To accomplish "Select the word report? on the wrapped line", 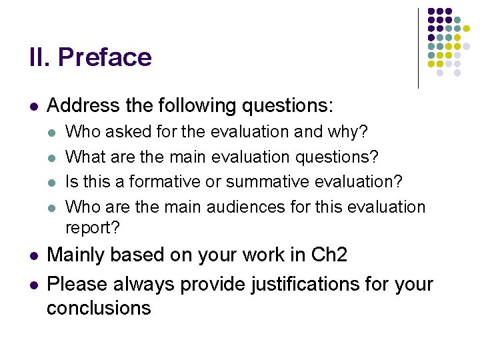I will pyautogui.click(x=93, y=227).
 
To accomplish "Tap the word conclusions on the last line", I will pyautogui.click(x=99, y=308).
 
